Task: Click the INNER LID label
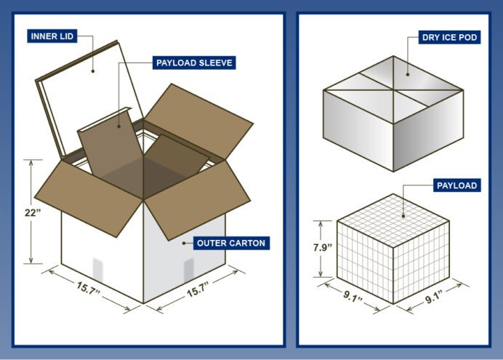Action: point(52,36)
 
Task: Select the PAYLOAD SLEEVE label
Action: point(194,63)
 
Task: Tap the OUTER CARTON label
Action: point(231,243)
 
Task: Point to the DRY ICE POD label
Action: point(449,37)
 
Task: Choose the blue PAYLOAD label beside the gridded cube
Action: point(456,185)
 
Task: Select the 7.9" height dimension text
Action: point(323,247)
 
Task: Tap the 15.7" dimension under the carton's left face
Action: point(88,287)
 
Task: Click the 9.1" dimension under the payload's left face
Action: point(353,296)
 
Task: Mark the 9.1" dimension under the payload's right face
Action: point(434,296)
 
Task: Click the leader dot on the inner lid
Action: point(93,71)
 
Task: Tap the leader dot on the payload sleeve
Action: point(119,127)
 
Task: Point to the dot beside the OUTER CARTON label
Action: point(184,243)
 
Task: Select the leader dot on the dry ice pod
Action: point(408,74)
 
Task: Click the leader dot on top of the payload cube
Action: point(403,216)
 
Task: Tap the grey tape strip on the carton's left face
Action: point(98,270)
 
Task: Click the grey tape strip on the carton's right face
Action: point(189,270)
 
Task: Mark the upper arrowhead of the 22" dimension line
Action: point(31,163)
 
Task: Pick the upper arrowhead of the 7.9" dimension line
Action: point(321,224)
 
